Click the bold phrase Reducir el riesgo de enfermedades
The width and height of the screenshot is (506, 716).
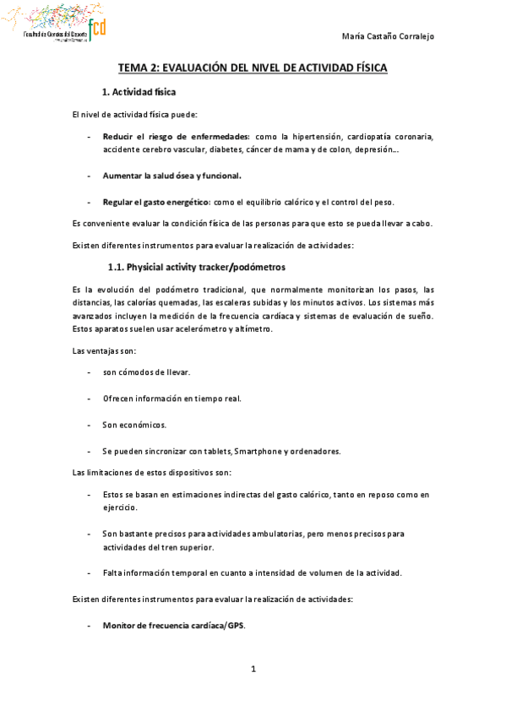tap(176, 136)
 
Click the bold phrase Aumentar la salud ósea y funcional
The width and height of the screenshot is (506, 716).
tap(172, 176)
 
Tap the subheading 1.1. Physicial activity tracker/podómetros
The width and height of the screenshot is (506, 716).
tap(197, 268)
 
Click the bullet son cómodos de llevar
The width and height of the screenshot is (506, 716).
tap(146, 372)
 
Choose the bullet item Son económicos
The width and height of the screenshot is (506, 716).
tap(134, 425)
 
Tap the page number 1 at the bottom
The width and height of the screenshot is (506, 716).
tap(253, 670)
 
